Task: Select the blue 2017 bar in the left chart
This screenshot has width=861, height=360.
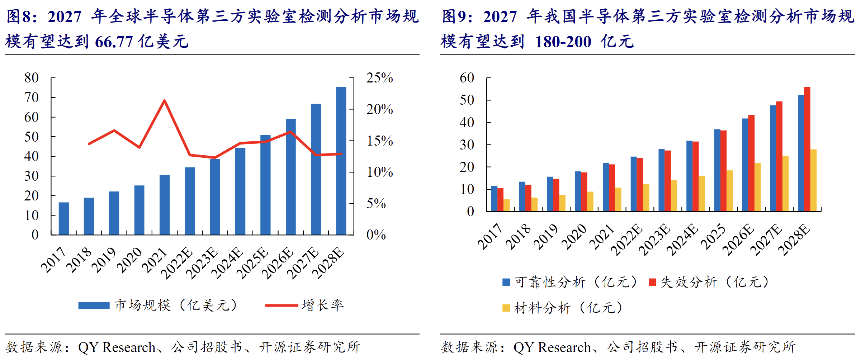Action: click(63, 219)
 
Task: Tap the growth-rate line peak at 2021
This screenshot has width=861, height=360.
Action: click(165, 101)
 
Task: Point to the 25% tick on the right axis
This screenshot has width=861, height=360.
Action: click(379, 78)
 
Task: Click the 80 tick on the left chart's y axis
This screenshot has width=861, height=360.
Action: click(32, 78)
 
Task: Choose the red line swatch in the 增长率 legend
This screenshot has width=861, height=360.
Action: click(281, 305)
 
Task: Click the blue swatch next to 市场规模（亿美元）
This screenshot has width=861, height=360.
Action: click(94, 305)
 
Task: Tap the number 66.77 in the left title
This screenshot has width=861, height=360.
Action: click(114, 42)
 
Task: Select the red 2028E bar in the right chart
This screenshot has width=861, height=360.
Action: click(807, 149)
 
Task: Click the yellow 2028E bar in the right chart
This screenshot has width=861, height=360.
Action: click(813, 180)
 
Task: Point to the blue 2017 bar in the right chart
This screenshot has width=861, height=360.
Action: click(494, 199)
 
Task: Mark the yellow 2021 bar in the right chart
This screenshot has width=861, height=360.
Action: click(618, 199)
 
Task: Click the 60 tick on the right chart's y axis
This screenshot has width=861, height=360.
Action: click(467, 78)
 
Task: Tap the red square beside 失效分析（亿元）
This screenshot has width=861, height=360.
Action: click(652, 282)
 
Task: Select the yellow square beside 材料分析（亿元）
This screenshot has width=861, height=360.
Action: click(506, 308)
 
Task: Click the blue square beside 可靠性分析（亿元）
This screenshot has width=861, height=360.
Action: click(506, 282)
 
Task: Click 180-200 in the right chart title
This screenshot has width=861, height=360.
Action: click(563, 42)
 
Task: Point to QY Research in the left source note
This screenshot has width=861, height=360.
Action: click(117, 347)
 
